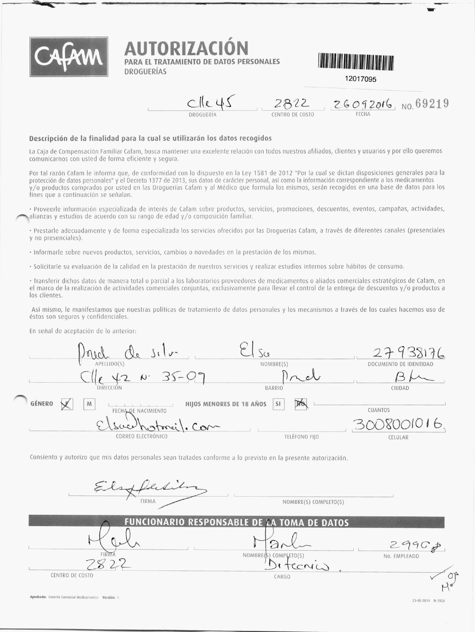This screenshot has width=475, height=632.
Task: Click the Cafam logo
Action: pos(69,57)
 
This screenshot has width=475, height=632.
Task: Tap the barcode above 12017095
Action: pos(356,62)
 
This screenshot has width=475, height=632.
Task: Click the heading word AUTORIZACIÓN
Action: pos(186,49)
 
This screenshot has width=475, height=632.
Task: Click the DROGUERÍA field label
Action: pos(202,115)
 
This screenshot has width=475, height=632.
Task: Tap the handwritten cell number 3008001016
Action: pos(398,426)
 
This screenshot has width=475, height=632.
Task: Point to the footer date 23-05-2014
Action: pos(421,601)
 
